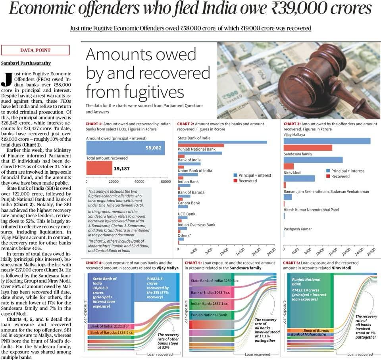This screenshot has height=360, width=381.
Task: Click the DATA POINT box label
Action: tap(35, 50)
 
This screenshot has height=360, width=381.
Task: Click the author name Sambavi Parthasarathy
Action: tap(26, 63)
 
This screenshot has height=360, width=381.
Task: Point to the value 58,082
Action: tap(153, 147)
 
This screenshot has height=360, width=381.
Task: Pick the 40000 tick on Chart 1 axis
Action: tap(139, 182)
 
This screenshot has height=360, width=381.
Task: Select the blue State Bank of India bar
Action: tap(222, 142)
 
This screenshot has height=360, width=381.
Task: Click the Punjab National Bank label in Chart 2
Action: tap(197, 149)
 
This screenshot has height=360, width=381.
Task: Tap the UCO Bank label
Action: tap(187, 214)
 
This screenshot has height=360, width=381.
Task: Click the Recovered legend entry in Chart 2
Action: tap(248, 181)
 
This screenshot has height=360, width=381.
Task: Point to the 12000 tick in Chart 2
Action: tap(224, 251)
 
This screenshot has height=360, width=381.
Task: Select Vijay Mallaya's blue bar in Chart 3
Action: tap(327, 141)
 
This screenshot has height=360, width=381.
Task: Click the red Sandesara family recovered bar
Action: tap(289, 166)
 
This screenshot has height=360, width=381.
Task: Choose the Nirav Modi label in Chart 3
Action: tap(292, 173)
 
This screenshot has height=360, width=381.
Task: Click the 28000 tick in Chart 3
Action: tap(371, 251)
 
